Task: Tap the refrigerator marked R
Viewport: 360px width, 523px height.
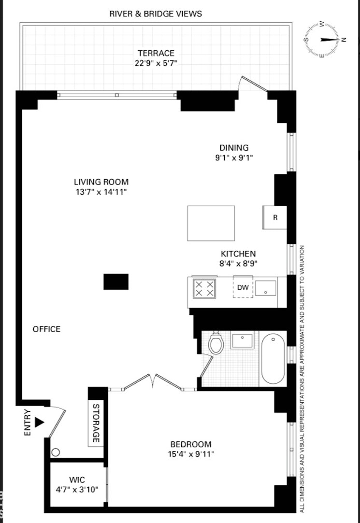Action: coord(274,217)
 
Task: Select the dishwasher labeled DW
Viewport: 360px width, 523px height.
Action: coord(243,288)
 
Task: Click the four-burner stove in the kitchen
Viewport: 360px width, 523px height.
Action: coord(204,289)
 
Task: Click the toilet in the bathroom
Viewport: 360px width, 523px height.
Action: coord(216,344)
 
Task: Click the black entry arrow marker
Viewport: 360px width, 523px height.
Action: coord(40,422)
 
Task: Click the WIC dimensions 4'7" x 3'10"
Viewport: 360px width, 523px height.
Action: coord(77,489)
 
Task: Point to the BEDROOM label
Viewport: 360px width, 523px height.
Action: coord(190,444)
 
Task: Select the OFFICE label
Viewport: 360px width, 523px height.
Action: coord(46,329)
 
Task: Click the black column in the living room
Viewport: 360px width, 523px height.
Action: coord(116,282)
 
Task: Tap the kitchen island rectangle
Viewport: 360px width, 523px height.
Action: coord(211,223)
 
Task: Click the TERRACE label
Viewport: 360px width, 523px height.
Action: coord(156,53)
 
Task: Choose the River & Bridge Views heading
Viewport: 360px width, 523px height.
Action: coord(156,14)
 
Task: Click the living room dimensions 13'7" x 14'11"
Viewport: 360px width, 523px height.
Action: coord(101,192)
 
